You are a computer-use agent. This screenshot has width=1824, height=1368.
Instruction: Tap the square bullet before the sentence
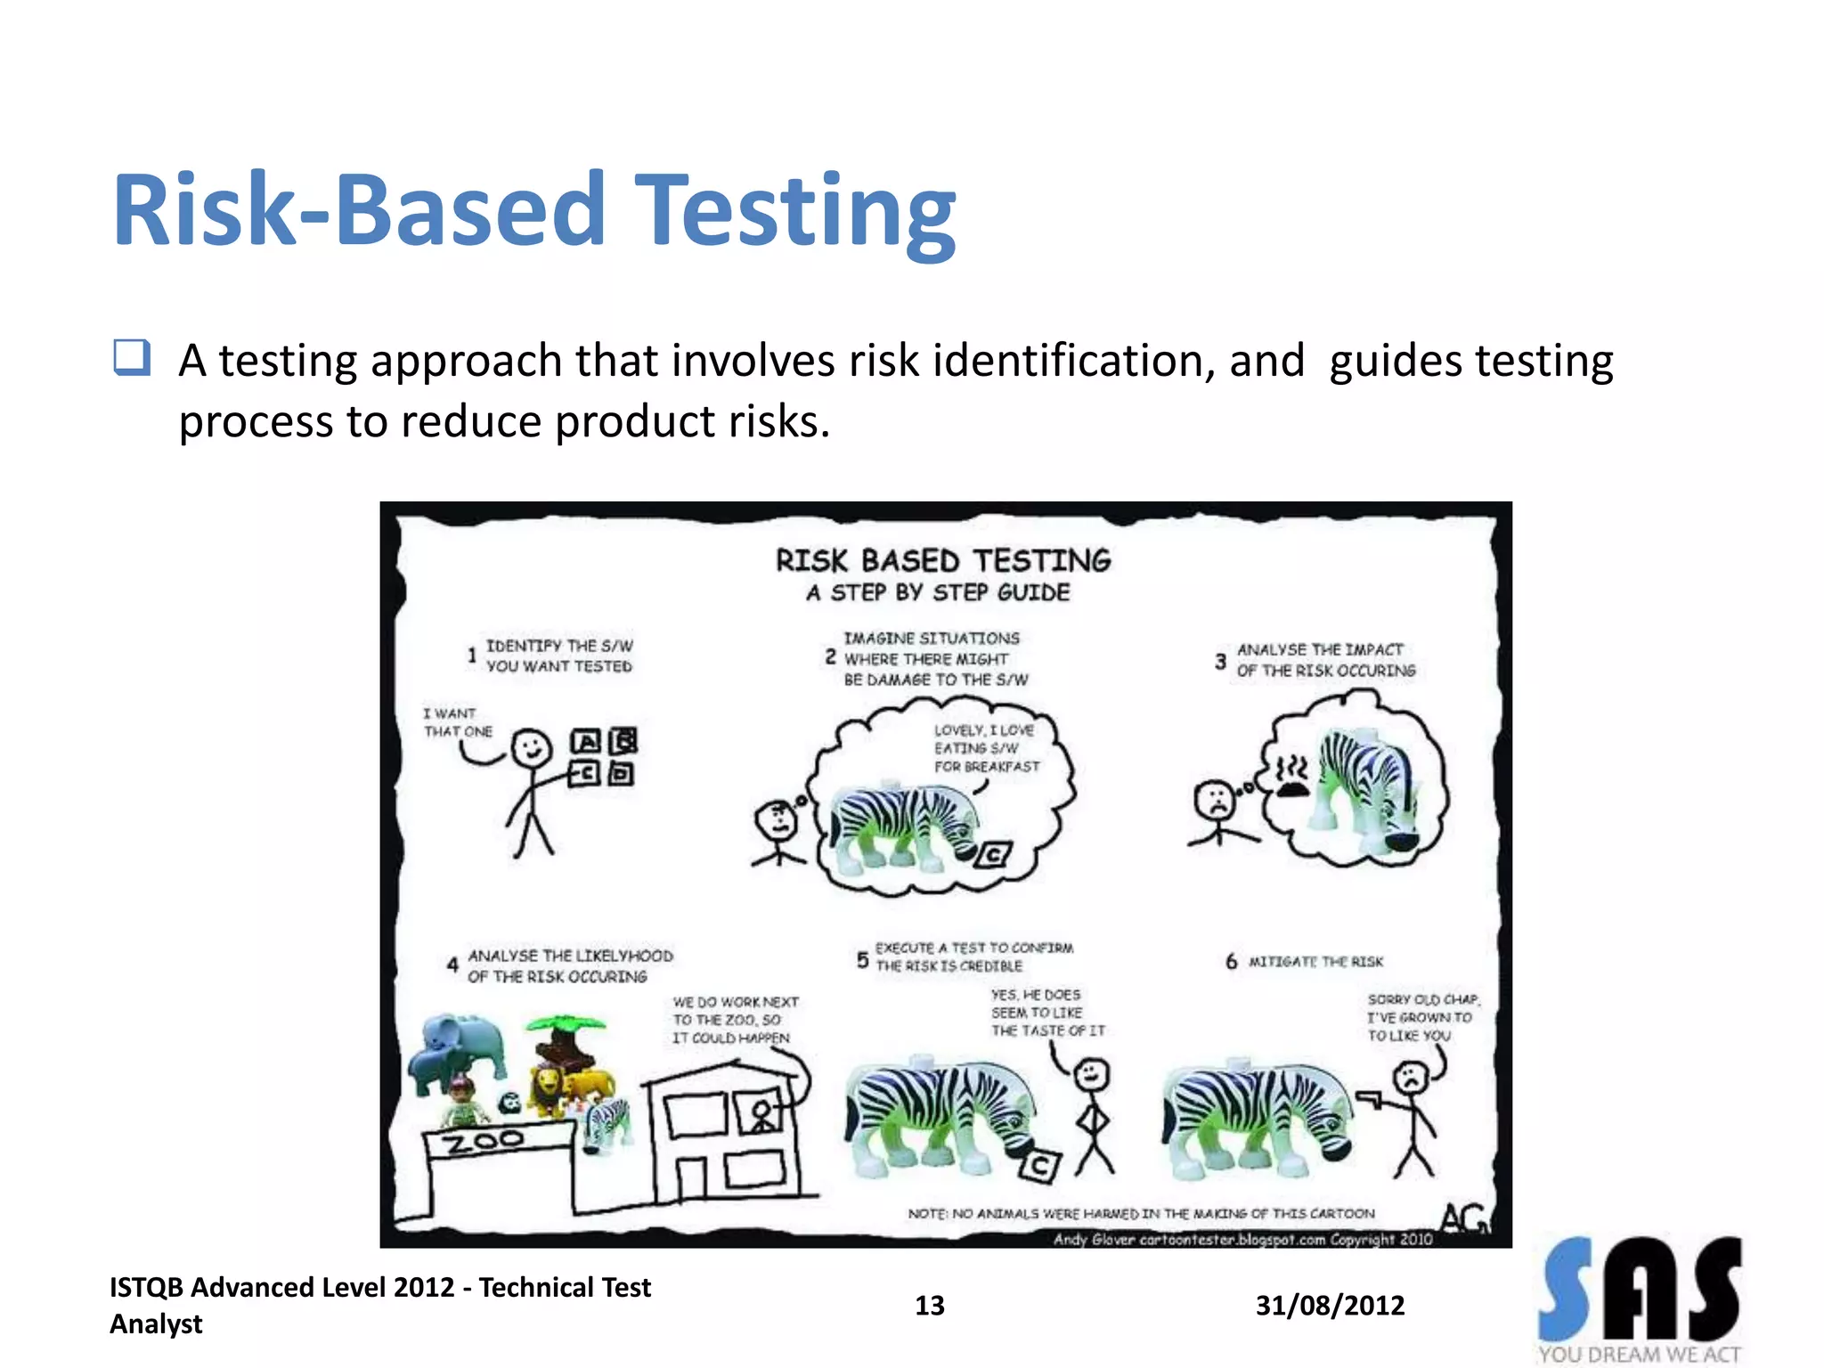tap(132, 358)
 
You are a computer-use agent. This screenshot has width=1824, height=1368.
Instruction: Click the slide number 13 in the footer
tap(929, 1306)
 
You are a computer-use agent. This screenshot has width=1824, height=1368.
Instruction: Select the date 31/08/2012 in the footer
tap(1330, 1306)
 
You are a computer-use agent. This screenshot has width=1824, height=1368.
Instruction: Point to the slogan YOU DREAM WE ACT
tap(1639, 1355)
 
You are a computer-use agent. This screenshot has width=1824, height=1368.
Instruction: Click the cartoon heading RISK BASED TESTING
tap(943, 561)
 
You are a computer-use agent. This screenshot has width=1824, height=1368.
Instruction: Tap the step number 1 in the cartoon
tap(471, 656)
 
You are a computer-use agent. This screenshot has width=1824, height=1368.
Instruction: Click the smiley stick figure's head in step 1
tap(532, 748)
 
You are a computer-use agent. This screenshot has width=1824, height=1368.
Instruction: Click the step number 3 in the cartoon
tap(1220, 662)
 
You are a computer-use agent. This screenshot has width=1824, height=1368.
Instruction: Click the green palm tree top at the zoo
tap(565, 1023)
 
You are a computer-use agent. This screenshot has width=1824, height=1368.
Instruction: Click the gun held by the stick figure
tap(1369, 1097)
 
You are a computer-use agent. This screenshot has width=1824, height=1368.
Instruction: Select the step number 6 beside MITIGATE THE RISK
tap(1231, 962)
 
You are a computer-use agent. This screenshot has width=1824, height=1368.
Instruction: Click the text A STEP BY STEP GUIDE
tap(938, 593)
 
